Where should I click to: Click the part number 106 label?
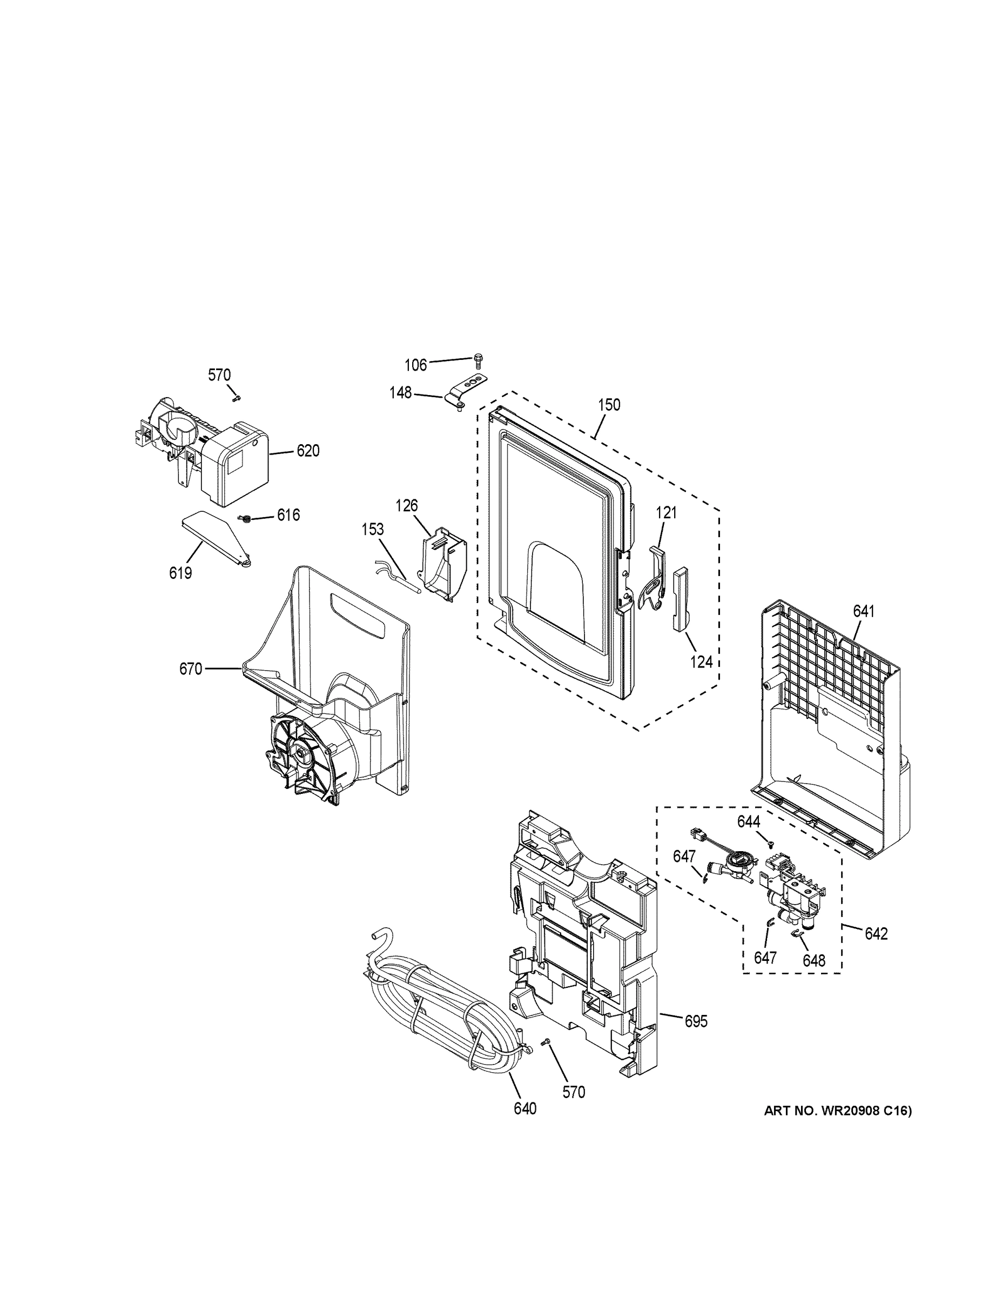tap(415, 365)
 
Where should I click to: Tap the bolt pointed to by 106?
tap(479, 359)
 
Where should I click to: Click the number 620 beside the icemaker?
tap(307, 451)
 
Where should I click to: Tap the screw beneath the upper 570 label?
tap(235, 397)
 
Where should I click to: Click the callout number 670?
tap(191, 669)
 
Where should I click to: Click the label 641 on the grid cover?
tap(864, 611)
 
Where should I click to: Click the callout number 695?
tap(696, 1021)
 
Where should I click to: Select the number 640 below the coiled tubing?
tap(524, 1108)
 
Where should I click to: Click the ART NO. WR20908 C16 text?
tap(837, 1111)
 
